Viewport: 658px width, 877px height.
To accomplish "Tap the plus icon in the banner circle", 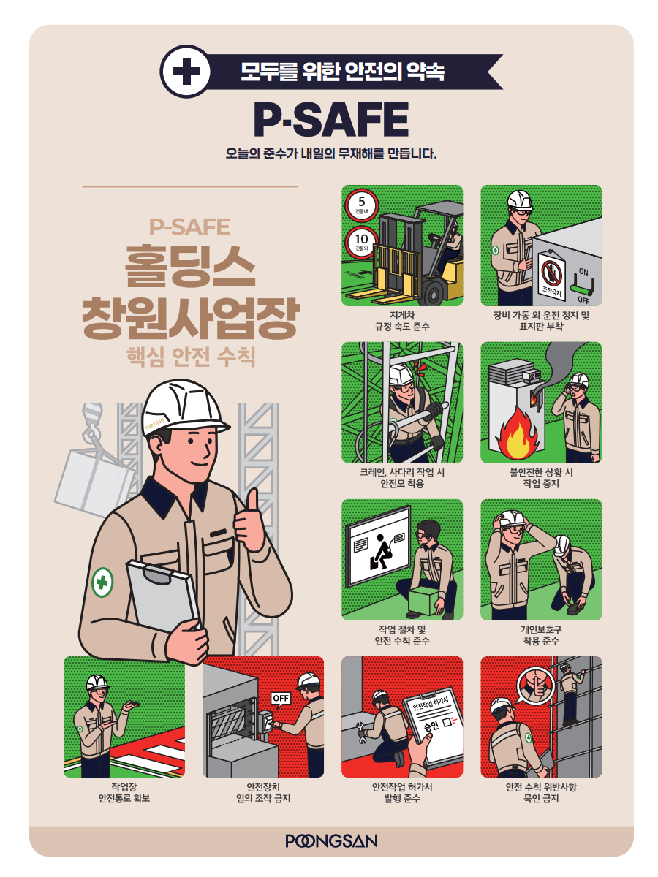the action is [186, 72].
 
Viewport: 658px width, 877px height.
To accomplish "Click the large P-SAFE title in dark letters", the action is [331, 119].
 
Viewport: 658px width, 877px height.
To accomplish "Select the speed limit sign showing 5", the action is [362, 205].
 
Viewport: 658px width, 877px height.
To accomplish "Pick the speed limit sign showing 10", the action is [362, 243].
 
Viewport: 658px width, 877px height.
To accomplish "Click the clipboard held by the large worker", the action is [162, 596].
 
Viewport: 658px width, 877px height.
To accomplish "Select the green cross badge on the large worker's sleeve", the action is [102, 582].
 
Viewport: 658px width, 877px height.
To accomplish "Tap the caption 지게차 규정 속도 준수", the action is [402, 321].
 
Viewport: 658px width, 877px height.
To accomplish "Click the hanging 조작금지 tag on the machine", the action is [552, 276].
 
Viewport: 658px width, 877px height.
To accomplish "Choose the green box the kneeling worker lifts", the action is [426, 600].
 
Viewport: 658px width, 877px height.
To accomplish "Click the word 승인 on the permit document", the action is [431, 725].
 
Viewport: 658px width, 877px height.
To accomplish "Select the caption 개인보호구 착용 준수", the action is [541, 635].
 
